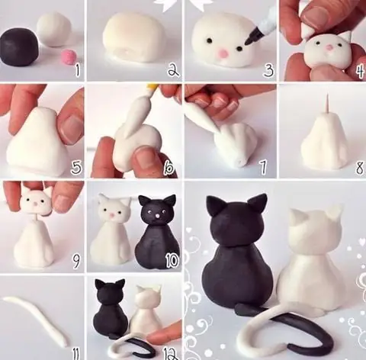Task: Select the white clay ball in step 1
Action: tap(54, 30)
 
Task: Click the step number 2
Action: tap(173, 69)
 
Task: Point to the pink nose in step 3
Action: tap(223, 53)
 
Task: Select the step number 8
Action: tap(359, 167)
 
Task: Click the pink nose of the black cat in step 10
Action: tap(158, 216)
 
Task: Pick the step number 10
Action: tap(172, 261)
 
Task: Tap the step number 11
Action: tap(76, 352)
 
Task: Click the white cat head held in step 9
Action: tap(38, 201)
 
